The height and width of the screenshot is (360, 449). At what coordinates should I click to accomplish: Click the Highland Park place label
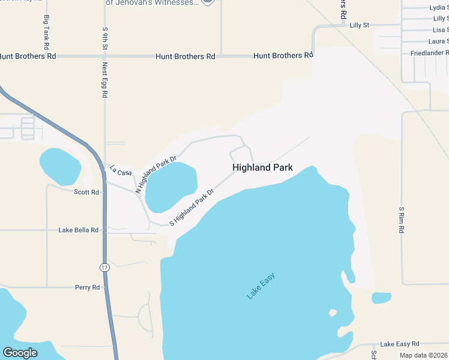262,167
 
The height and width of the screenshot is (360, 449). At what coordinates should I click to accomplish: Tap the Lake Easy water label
261,286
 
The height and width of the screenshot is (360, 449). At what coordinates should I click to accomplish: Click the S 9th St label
104,38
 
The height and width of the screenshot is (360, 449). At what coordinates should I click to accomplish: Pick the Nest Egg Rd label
104,80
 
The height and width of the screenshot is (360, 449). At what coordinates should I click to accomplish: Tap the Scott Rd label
86,192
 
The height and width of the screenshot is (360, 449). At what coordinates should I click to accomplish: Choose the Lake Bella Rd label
78,230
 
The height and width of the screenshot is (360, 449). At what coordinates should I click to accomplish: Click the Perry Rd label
87,287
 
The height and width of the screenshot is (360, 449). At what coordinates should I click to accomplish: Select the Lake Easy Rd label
399,344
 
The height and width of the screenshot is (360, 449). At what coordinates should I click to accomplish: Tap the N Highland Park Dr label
155,175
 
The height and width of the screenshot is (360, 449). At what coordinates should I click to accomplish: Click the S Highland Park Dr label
191,208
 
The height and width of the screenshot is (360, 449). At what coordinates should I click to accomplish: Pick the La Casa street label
120,172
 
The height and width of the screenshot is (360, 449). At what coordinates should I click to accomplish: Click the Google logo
20,353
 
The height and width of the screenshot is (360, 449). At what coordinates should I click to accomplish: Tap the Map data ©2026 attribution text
423,355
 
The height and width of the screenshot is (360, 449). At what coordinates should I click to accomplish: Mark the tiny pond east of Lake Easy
381,298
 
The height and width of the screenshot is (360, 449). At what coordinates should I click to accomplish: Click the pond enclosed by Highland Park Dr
171,186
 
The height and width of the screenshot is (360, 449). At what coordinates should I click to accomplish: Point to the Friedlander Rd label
429,53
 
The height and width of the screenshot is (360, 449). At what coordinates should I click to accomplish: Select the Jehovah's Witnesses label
151,3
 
